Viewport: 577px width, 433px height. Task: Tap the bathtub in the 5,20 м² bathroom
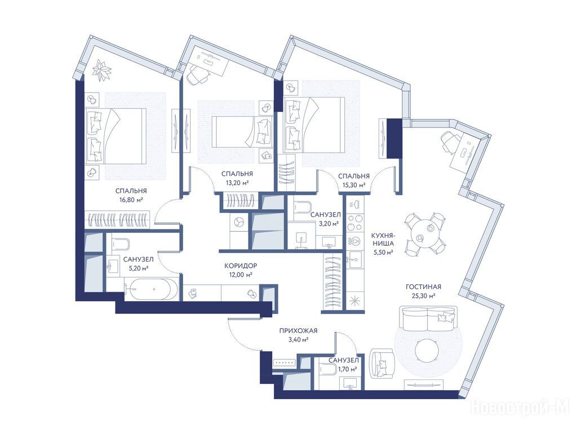(x=152, y=289)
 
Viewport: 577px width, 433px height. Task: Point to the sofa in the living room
(x=428, y=318)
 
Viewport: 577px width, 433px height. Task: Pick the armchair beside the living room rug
(x=382, y=363)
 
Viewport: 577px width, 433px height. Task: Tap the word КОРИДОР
(x=241, y=266)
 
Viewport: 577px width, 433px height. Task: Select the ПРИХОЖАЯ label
(x=298, y=331)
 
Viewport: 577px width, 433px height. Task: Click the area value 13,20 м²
(x=237, y=182)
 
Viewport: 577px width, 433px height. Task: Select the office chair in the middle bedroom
(x=198, y=75)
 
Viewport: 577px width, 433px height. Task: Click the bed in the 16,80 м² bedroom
(x=116, y=136)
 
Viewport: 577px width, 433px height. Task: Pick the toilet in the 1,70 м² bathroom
(x=328, y=368)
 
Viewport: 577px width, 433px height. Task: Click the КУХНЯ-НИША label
(x=383, y=239)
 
